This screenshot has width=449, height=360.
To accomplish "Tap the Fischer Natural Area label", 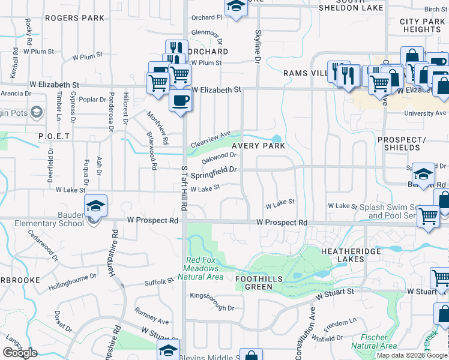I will click(373, 341).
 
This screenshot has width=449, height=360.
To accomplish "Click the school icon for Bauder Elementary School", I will click(95, 206).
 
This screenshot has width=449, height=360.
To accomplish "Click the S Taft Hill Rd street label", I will click(184, 188).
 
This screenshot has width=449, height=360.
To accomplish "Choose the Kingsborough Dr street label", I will click(212, 302).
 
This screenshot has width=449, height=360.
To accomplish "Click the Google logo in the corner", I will click(20, 353).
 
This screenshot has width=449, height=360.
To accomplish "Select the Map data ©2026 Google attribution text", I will click(412, 355).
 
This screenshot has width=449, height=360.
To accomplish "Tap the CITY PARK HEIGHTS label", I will click(422, 25).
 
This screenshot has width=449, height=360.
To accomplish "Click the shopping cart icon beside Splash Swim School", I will click(427, 217).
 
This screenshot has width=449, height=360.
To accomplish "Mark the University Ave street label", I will click(426, 113).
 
